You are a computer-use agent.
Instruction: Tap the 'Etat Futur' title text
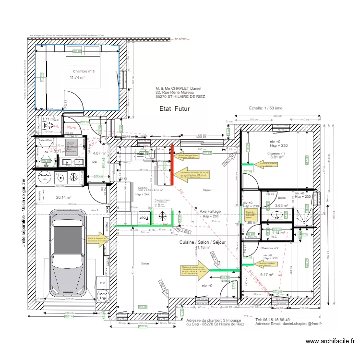click(175, 109)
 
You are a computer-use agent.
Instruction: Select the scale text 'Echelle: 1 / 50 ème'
click(265, 108)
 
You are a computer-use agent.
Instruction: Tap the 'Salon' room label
click(144, 264)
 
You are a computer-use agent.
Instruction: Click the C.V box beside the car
click(102, 283)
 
